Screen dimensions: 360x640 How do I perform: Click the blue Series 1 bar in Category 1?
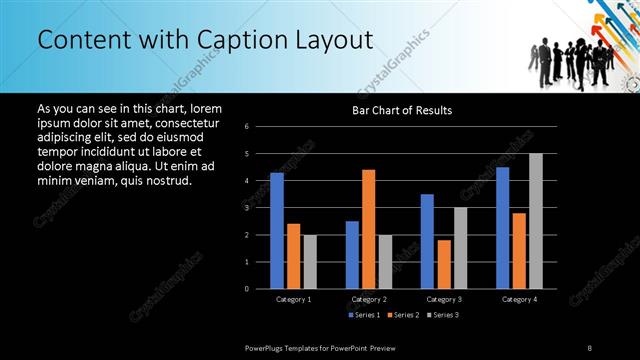coord(277,231)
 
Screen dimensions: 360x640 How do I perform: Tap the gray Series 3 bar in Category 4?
coord(536,221)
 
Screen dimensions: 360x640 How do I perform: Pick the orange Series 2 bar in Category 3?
coord(443,264)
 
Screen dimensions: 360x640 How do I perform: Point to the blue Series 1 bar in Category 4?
coord(502,228)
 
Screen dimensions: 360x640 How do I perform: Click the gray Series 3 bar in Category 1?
coord(310,262)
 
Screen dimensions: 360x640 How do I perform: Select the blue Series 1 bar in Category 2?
coord(352,255)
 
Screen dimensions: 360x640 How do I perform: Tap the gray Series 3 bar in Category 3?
coord(460,248)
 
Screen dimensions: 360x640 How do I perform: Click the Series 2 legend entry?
coord(404,315)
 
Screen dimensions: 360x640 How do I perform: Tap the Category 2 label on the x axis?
coord(368,299)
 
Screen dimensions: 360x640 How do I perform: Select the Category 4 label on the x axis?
coord(519,299)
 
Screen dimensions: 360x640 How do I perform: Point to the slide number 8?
coord(590,347)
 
